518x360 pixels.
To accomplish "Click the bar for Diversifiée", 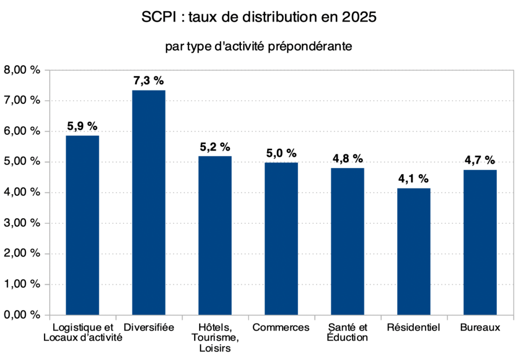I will (x=149, y=203).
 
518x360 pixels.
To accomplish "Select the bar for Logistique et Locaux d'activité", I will (x=82, y=225).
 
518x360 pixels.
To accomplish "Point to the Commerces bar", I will (x=281, y=238).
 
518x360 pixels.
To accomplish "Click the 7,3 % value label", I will (x=149, y=81).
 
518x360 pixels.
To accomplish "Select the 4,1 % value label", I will (x=414, y=179).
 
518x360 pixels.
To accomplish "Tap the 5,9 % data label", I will (x=82, y=126).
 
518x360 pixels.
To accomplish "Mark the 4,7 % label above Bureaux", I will (x=480, y=161).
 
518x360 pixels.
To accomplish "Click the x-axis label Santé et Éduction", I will (x=347, y=333).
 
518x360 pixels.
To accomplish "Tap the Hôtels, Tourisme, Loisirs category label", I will (x=215, y=338).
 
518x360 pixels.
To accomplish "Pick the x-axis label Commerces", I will (x=281, y=328).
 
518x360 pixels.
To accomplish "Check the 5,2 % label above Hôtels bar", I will (x=215, y=147).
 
